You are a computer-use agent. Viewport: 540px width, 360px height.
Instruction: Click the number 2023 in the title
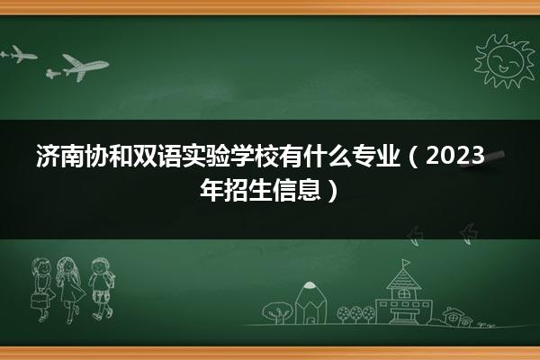coord(455,156)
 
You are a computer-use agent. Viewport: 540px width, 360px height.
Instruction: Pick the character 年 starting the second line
coord(211,190)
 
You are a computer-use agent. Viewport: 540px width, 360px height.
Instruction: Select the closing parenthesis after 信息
coord(331,190)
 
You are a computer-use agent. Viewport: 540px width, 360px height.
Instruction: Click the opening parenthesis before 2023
coord(413,157)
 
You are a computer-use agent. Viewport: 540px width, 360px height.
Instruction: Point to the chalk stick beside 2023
coord(482,159)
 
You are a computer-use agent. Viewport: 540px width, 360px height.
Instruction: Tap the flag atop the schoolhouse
coord(407,263)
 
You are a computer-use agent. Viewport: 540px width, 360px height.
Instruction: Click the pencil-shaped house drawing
coord(310,303)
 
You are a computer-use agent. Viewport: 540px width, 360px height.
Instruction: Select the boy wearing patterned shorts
coord(101,288)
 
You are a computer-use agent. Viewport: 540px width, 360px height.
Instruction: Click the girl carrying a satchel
coord(42,290)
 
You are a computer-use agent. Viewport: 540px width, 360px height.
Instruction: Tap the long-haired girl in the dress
coord(70,290)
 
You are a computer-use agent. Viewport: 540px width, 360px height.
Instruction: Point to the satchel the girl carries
coord(39,301)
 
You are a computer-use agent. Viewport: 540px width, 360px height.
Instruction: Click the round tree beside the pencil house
coord(277,312)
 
